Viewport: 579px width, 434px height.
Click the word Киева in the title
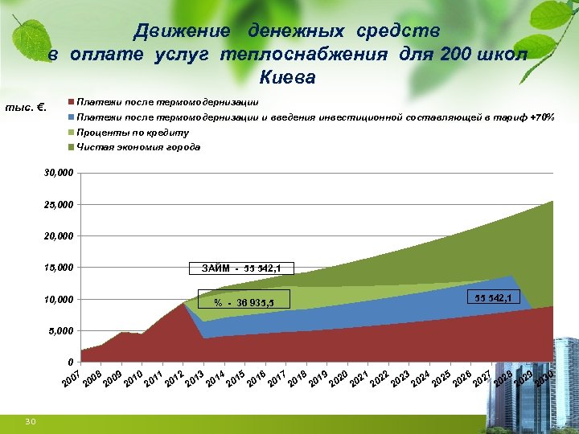click(288, 78)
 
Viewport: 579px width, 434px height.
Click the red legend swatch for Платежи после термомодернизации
click(72, 103)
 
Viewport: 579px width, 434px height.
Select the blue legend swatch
click(72, 117)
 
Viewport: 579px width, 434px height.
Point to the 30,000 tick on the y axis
click(59, 173)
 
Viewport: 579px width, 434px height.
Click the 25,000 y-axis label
click(59, 204)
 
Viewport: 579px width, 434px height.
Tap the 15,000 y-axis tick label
click(59, 268)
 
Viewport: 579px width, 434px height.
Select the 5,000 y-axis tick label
click(61, 331)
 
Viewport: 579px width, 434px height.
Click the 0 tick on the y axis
click(72, 362)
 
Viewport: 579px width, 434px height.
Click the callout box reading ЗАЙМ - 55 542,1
click(241, 268)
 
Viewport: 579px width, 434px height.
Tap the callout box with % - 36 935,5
click(244, 302)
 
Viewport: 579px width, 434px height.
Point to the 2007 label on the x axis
click(72, 381)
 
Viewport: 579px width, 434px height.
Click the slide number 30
click(30, 422)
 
